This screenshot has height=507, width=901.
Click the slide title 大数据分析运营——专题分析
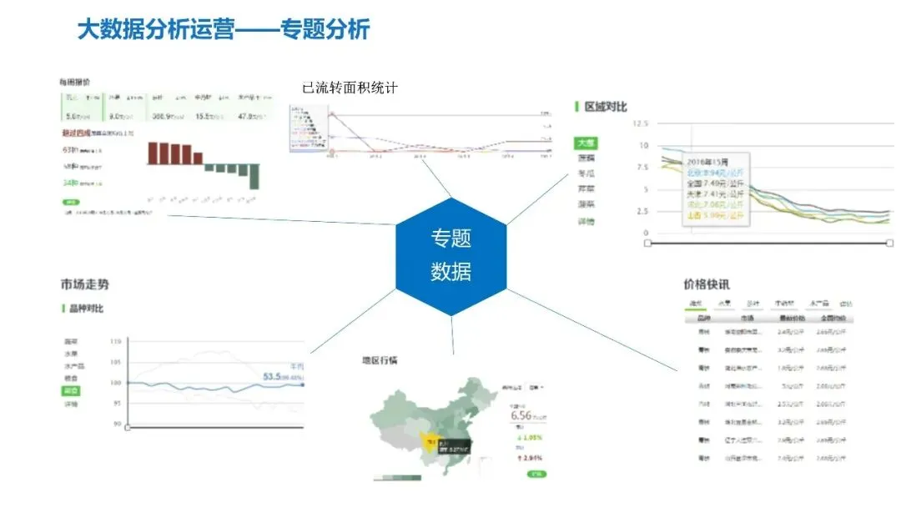(223, 31)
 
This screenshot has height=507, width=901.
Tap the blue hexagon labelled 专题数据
(450, 256)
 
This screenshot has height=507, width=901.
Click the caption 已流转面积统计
(350, 88)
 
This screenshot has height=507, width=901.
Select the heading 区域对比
(605, 107)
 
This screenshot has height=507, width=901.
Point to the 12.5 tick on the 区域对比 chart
(640, 123)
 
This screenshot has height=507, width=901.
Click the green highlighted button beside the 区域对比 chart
(586, 143)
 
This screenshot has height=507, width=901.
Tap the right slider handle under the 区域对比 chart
(889, 243)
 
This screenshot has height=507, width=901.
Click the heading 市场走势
(84, 284)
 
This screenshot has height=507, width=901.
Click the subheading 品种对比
(86, 309)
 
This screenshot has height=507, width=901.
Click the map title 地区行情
(380, 360)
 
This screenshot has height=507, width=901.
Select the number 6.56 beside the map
(521, 415)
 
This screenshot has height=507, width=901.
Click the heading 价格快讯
(706, 284)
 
